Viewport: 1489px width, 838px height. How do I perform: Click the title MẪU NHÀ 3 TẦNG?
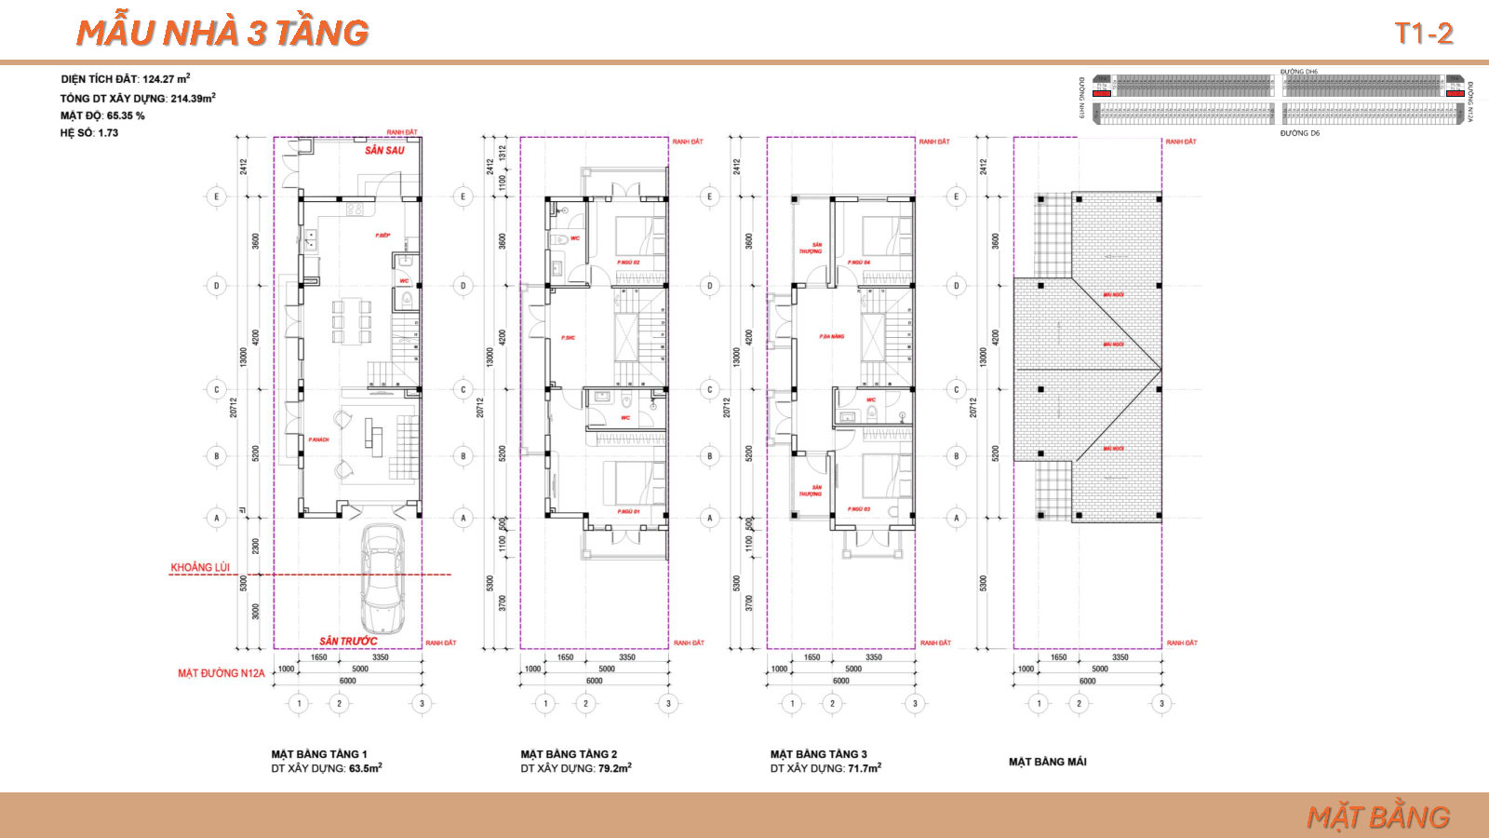222,33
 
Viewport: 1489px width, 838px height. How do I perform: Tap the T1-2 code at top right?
1423,34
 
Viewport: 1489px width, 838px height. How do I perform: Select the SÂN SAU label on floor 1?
384,150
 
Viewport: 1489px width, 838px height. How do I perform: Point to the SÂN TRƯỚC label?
348,641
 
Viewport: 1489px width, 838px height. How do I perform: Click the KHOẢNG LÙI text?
199,567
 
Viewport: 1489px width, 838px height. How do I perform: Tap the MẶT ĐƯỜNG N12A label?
221,673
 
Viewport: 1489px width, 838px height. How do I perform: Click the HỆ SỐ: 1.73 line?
89,133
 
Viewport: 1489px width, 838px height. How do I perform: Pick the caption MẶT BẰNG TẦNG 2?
569,754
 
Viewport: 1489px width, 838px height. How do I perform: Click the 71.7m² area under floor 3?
864,768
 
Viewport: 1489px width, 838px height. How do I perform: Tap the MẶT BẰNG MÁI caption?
1047,762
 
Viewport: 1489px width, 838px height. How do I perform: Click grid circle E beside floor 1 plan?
217,196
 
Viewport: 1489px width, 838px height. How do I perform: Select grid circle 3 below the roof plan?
1160,703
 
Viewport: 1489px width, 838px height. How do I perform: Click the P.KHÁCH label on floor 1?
318,439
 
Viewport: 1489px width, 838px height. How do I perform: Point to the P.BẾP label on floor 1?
382,236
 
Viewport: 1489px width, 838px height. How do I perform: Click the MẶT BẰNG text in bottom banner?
1377,817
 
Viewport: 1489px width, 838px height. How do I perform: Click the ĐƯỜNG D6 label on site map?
1299,133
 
